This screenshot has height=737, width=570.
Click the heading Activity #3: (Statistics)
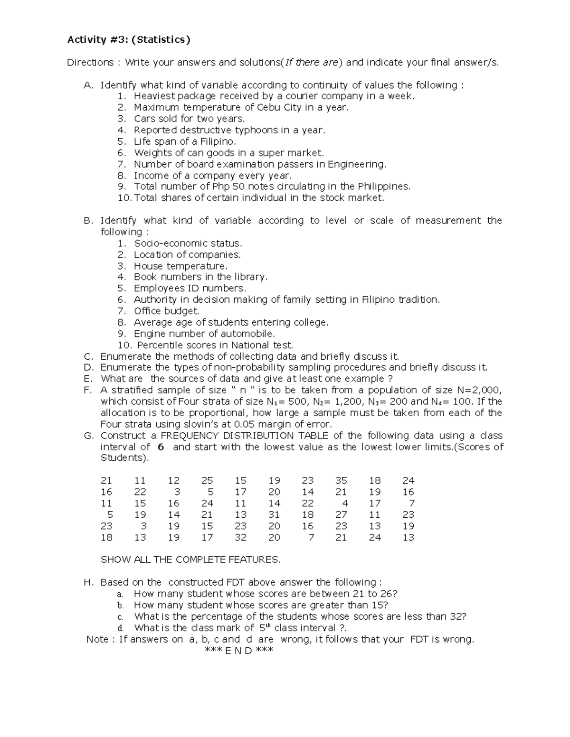pyautogui.click(x=128, y=40)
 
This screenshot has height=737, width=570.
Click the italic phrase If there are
pyautogui.click(x=313, y=63)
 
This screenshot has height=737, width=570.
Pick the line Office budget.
pyautogui.click(x=166, y=311)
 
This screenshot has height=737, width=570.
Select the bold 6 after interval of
pyautogui.click(x=161, y=447)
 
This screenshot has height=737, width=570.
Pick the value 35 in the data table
pyautogui.click(x=341, y=481)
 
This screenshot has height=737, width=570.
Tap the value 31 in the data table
pyautogui.click(x=274, y=515)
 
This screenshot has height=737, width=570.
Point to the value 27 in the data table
pyautogui.click(x=341, y=515)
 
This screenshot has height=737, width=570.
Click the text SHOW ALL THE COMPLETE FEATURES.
pyautogui.click(x=190, y=560)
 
